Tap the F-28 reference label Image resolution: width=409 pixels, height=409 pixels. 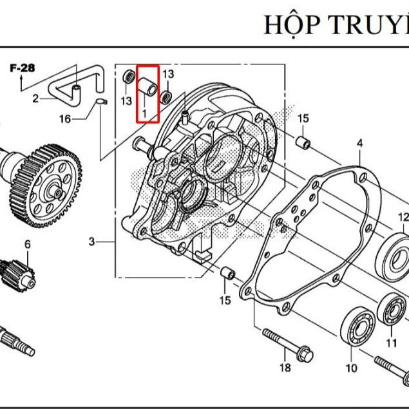click(x=23, y=67)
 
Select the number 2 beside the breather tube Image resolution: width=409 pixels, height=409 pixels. click(x=35, y=99)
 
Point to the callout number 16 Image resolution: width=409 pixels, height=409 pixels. click(x=65, y=119)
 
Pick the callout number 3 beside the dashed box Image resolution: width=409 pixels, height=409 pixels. click(x=91, y=242)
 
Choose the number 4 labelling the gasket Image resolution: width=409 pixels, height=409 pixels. click(x=359, y=143)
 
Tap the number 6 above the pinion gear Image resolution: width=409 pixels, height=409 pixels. click(x=28, y=244)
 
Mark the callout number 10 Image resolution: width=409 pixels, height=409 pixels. click(x=351, y=368)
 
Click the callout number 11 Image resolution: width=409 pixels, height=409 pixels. click(x=392, y=343)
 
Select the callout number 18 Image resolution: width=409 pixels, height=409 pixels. click(x=285, y=368)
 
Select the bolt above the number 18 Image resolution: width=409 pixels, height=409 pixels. click(x=287, y=343)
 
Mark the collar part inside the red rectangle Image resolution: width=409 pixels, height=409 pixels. click(x=147, y=87)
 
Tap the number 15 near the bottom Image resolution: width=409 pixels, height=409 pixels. click(x=224, y=301)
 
